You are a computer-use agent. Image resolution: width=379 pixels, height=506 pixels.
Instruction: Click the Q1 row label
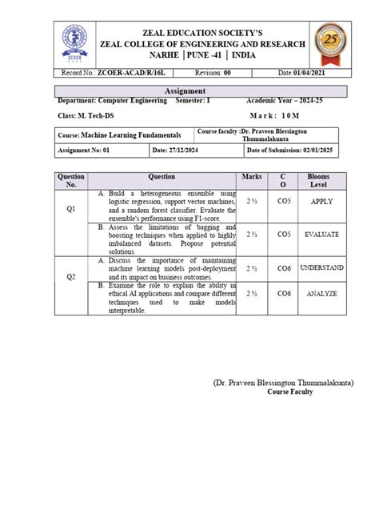coord(71,208)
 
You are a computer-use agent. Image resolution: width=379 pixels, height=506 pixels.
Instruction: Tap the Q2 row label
coord(71,276)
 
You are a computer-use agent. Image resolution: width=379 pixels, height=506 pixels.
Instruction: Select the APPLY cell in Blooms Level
coord(324,202)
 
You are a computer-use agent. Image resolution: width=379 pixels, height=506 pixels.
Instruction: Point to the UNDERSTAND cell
coord(324,267)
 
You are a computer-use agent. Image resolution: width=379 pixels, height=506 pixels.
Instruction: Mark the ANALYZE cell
coord(324,294)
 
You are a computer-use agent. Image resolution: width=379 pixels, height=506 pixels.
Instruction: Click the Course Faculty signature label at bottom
coord(290,392)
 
